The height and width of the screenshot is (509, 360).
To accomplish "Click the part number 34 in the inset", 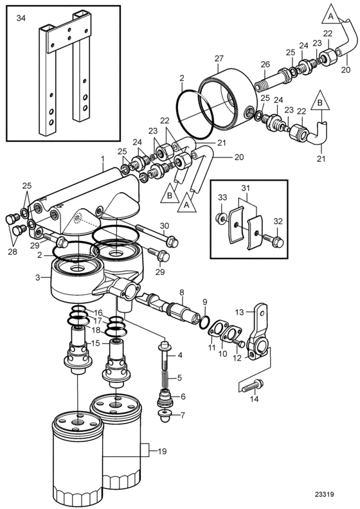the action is (21, 18).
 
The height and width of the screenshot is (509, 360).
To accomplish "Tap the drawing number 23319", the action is (324, 494).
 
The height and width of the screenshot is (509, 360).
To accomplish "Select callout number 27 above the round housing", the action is (219, 58).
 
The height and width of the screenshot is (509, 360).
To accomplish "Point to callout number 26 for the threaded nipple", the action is (265, 64).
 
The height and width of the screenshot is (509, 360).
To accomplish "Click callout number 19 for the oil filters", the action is (162, 451).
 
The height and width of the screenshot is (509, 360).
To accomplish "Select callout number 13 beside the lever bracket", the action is (239, 312).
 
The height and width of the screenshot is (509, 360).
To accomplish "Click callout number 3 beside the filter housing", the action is (38, 278).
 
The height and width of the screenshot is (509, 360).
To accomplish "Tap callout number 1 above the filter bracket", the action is (103, 159).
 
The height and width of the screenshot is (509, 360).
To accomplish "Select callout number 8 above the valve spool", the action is (182, 292).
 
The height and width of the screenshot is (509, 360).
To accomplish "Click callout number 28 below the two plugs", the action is (12, 251).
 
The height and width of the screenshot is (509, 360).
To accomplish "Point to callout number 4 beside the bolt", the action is (179, 355).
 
